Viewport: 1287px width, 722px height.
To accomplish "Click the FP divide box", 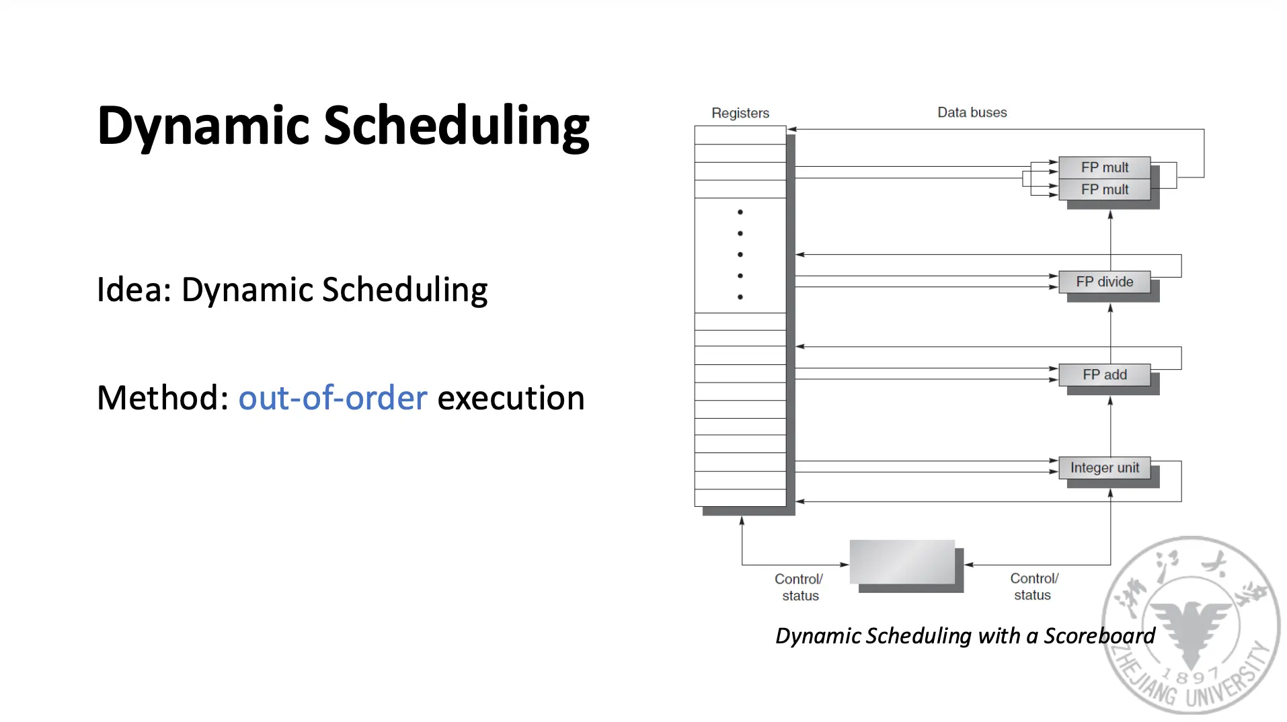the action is click(1104, 282).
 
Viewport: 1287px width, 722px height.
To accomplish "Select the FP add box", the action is click(1104, 374).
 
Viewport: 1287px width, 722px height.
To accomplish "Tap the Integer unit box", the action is click(1104, 467).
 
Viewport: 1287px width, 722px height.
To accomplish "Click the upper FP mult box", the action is click(1104, 167).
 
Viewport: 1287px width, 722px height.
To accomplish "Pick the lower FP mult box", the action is click(1104, 190).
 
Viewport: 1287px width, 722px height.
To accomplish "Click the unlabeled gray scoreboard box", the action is click(902, 562).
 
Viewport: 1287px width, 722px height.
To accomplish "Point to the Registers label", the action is click(740, 113).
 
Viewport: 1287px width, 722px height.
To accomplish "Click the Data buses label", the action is click(972, 112).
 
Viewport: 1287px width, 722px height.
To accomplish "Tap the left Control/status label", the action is click(799, 587).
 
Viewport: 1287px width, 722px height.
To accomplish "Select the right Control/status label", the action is click(1033, 586).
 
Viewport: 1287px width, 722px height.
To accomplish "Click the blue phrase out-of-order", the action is click(333, 398).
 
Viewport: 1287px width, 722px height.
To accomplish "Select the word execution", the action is click(511, 398).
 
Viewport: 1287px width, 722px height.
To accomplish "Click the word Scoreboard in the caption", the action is click(1099, 635).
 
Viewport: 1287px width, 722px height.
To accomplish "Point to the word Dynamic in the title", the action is click(204, 126).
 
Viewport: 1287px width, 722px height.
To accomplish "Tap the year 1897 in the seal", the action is click(1191, 674).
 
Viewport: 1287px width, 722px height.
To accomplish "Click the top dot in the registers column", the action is click(740, 212).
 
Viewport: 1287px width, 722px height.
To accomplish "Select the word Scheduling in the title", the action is click(457, 126).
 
